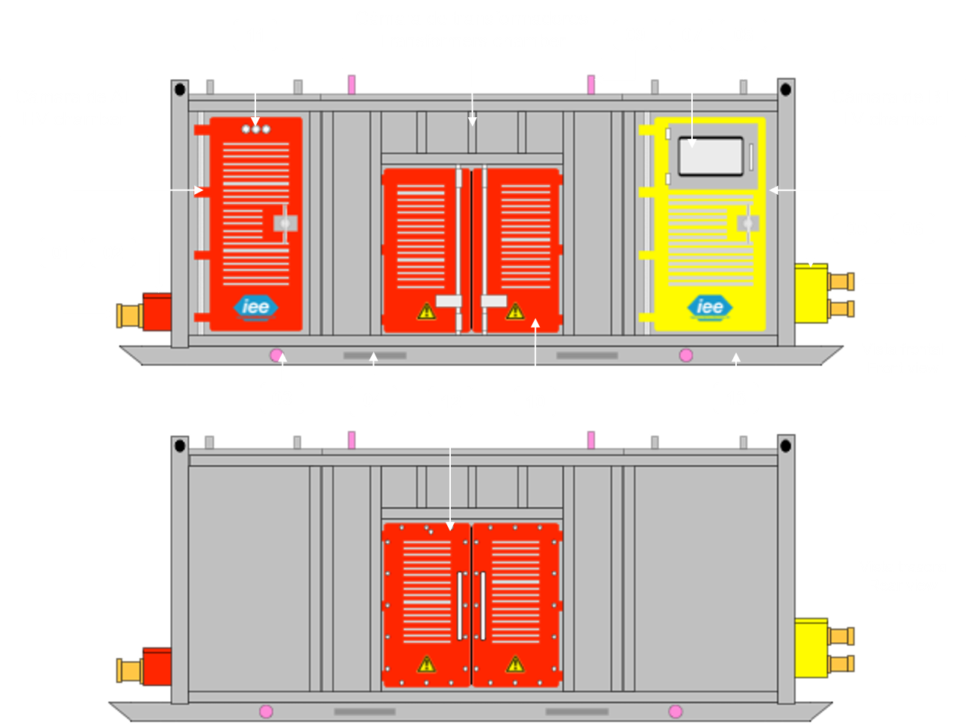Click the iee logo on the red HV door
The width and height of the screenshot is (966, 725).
tap(255, 307)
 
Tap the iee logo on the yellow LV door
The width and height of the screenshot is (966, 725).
tap(709, 307)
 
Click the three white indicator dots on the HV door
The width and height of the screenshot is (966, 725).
tap(256, 129)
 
